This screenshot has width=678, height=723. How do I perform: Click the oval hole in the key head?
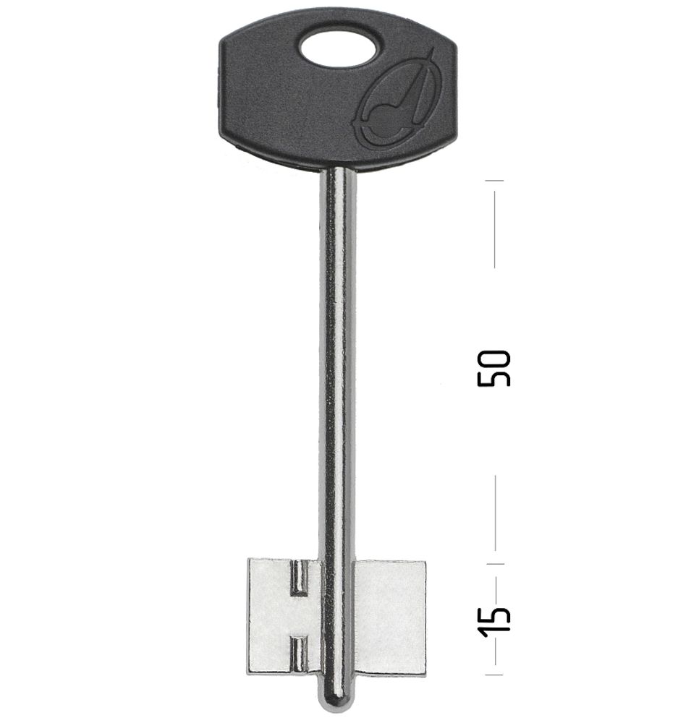coord(339,48)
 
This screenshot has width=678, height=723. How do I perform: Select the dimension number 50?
coord(493,368)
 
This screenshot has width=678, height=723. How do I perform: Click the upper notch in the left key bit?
coord(299,577)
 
